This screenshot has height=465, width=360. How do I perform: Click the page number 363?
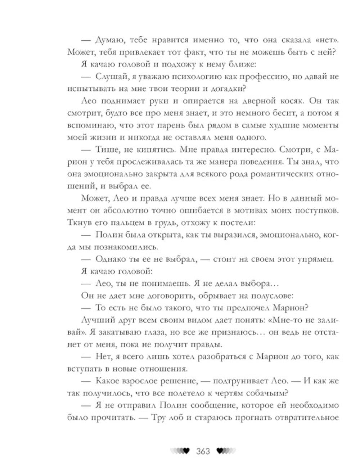203,451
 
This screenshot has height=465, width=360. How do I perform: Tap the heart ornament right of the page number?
226,451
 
